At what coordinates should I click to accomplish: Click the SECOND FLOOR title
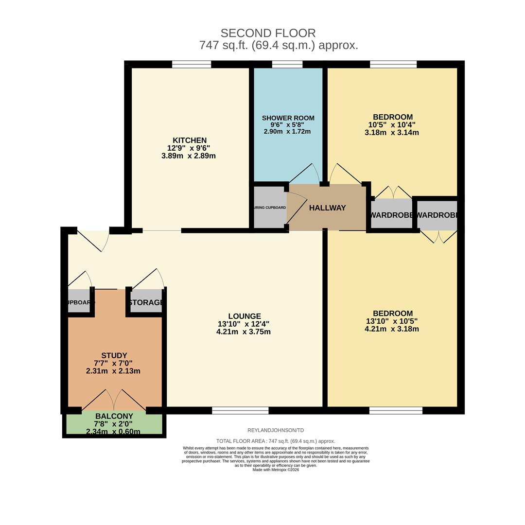pyautogui.click(x=268, y=33)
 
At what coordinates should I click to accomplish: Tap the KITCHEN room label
pyautogui.click(x=189, y=140)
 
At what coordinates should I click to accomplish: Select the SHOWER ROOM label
pyautogui.click(x=288, y=118)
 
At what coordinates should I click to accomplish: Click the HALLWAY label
pyautogui.click(x=327, y=208)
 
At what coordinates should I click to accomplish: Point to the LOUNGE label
pyautogui.click(x=245, y=316)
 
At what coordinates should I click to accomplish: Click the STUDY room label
pyautogui.click(x=114, y=356)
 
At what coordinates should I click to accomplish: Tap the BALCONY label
pyautogui.click(x=114, y=417)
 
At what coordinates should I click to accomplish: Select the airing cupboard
pyautogui.click(x=270, y=208)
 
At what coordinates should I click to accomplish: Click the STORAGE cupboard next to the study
pyautogui.click(x=146, y=302)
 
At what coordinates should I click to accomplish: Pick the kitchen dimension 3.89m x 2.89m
pyautogui.click(x=189, y=156)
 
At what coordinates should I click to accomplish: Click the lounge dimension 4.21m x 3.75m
pyautogui.click(x=244, y=332)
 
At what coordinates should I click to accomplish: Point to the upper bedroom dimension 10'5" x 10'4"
pyautogui.click(x=392, y=125)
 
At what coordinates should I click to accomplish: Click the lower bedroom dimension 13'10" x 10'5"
pyautogui.click(x=392, y=321)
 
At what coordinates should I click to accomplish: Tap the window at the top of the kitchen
pyautogui.click(x=192, y=64)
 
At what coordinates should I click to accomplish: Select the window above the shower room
pyautogui.click(x=287, y=64)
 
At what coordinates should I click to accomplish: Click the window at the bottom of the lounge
pyautogui.click(x=240, y=411)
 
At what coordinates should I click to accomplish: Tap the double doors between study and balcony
pyautogui.click(x=114, y=400)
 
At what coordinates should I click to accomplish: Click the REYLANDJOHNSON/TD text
pyautogui.click(x=276, y=430)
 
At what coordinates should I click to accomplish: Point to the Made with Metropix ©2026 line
pyautogui.click(x=276, y=470)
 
